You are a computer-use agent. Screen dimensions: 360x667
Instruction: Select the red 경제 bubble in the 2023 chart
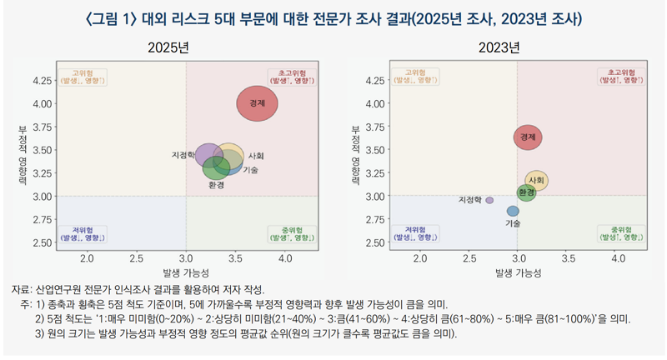coord(528,137)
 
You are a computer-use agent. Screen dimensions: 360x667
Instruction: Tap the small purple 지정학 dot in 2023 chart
coord(489,200)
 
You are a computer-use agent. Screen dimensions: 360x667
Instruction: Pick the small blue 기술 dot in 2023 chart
coord(513,211)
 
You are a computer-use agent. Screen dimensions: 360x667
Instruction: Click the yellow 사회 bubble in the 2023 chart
coord(537,181)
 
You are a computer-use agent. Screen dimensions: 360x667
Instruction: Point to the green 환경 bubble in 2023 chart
coord(526,193)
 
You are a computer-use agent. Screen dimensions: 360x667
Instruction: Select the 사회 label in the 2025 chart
coord(257,156)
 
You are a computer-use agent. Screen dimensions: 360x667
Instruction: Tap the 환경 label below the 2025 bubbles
coord(216,185)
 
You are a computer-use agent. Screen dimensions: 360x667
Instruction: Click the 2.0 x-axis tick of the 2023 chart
coord(419,259)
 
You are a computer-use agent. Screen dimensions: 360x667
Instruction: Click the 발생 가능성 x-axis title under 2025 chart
coord(185,273)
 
